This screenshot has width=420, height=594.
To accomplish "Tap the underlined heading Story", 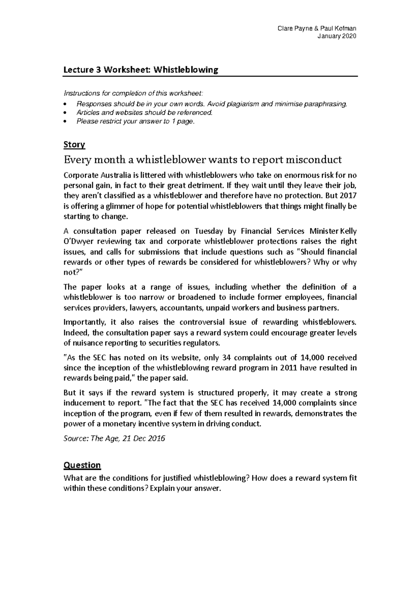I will pos(74,144).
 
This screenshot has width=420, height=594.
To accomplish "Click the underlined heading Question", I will pos(82,465).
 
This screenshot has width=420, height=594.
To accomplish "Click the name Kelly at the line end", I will pos(348,231).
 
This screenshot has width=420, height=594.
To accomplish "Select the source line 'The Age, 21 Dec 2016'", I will pos(128,438).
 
